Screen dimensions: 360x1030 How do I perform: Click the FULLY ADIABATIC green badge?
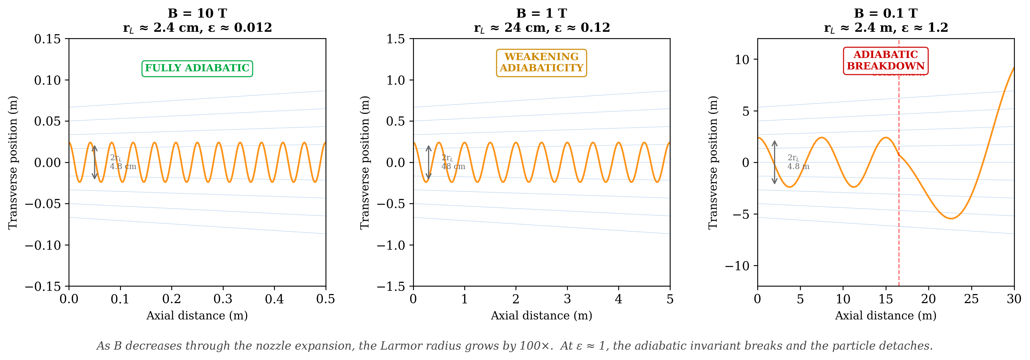(x=197, y=68)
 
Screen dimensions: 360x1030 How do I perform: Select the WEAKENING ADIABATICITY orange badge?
(x=541, y=62)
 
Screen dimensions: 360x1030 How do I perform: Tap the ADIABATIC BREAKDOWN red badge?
(x=886, y=60)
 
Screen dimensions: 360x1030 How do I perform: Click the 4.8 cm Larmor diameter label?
(x=123, y=166)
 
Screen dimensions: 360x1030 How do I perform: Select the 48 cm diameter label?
(x=453, y=166)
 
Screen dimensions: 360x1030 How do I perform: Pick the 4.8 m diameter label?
(x=798, y=166)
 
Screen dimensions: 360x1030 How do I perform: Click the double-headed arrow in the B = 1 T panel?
(x=429, y=162)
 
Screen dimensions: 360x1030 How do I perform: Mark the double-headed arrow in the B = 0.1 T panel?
(x=774, y=162)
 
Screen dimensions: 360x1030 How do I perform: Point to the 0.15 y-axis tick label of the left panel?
(x=47, y=39)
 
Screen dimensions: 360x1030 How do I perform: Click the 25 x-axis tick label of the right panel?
(x=971, y=299)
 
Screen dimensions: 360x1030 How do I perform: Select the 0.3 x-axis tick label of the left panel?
(x=223, y=299)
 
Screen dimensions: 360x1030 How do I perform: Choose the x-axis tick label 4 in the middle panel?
(x=619, y=299)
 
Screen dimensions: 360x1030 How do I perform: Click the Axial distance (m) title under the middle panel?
(x=541, y=316)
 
